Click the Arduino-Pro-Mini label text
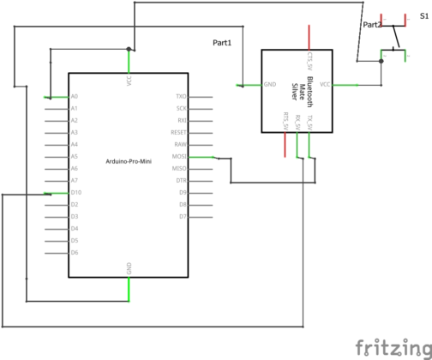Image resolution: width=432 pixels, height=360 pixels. [128, 162]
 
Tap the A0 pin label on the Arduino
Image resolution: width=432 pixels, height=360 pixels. [75, 97]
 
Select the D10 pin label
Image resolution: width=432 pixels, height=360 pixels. [76, 193]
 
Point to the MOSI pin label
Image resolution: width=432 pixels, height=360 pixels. [180, 157]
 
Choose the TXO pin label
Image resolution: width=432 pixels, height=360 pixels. [181, 97]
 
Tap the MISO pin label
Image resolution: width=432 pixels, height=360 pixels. [180, 169]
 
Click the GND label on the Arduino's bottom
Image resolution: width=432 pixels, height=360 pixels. [129, 268]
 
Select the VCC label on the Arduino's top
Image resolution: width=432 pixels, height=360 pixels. [129, 81]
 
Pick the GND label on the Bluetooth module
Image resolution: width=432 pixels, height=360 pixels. [270, 85]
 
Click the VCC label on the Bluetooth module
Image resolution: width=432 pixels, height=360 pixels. [325, 85]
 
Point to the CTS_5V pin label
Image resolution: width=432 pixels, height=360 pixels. [309, 59]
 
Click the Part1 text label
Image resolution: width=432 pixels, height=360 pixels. [222, 42]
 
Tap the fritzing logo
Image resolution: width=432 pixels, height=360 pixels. [393, 347]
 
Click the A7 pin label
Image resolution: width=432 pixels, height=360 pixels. [75, 181]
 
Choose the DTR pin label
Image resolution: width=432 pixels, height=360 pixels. [181, 181]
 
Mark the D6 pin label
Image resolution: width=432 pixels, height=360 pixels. [75, 253]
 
